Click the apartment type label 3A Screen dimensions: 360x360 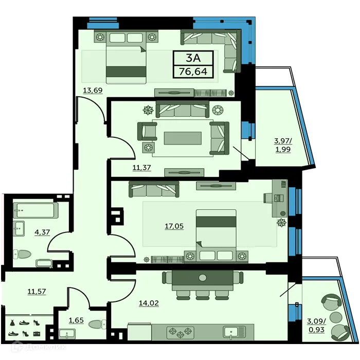(x=193, y=58)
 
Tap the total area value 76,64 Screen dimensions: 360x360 (x=193, y=71)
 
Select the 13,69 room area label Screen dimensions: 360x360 (x=93, y=91)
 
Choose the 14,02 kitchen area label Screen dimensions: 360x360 (x=149, y=302)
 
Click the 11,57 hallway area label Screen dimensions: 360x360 (x=37, y=291)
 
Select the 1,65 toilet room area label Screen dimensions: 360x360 (x=76, y=320)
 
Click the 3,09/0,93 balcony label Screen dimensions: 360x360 (x=316, y=326)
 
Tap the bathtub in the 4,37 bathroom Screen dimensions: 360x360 (x=36, y=210)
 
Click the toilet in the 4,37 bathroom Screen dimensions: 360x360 (x=25, y=253)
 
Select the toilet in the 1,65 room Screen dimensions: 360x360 (x=97, y=325)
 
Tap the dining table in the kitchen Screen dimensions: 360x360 (x=202, y=278)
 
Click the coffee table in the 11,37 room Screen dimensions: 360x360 (x=182, y=138)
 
